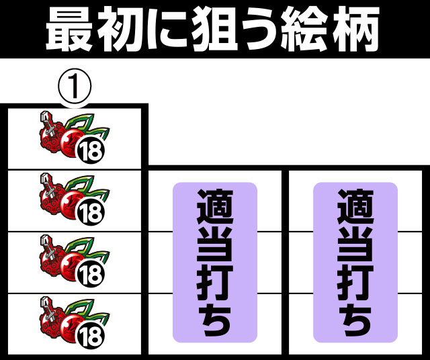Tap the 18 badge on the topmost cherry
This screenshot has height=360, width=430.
[91, 151]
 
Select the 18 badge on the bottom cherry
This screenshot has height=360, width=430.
[91, 336]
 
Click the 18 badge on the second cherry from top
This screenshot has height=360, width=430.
[91, 212]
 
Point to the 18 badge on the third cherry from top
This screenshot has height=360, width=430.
[91, 274]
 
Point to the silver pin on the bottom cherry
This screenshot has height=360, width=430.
[48, 308]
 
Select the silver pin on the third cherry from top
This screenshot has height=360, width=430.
[48, 246]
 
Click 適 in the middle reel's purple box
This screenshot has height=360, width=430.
[215, 207]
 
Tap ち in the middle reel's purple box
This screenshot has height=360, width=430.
[215, 320]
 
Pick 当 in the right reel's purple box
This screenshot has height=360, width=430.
[355, 244]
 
